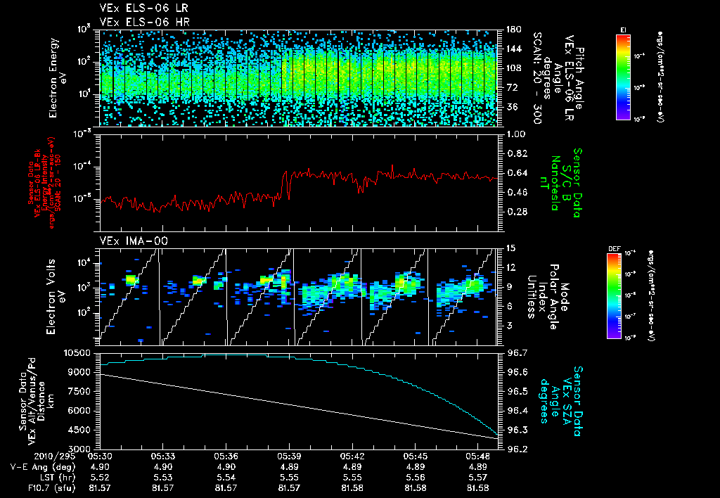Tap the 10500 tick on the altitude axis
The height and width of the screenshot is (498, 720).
pyautogui.click(x=79, y=352)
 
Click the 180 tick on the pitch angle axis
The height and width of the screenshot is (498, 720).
pyautogui.click(x=512, y=30)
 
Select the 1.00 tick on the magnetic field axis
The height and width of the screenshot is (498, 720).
pyautogui.click(x=517, y=134)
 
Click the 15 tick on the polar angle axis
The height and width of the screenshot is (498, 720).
pyautogui.click(x=510, y=248)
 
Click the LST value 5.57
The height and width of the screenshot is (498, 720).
pyautogui.click(x=479, y=477)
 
